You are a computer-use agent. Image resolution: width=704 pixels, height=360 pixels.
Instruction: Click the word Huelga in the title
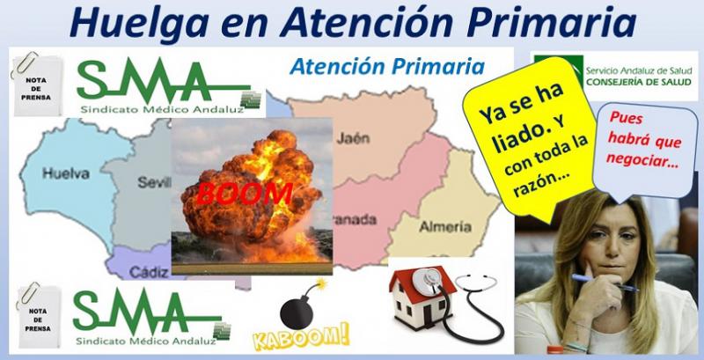[139, 23]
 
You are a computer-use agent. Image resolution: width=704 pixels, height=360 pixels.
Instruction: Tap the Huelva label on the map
[66, 173]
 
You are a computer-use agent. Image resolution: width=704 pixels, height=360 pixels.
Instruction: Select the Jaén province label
[353, 137]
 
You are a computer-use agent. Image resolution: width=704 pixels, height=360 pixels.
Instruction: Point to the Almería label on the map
[445, 227]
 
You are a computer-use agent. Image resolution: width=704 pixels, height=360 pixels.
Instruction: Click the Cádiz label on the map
[149, 272]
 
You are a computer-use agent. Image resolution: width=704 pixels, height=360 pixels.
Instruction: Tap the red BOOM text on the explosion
[245, 193]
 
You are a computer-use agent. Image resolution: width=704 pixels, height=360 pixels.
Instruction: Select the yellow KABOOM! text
[301, 336]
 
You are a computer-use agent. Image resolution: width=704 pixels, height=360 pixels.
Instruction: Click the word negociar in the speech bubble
[642, 161]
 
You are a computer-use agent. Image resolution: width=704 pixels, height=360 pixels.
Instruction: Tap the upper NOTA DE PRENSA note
[38, 85]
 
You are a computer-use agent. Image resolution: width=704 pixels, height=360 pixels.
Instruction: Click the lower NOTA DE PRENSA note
[38, 317]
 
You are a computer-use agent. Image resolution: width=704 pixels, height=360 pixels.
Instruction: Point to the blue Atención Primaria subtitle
[386, 67]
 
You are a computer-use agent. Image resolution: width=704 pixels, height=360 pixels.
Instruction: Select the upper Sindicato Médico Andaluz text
[162, 109]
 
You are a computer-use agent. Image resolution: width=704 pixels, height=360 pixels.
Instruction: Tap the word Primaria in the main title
[552, 21]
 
